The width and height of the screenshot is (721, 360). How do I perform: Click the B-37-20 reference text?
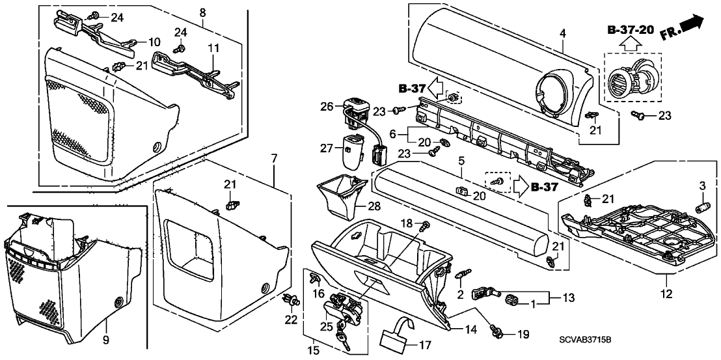click(631, 30)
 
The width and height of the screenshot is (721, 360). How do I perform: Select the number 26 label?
click(327, 106)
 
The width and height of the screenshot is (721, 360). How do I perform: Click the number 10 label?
click(154, 42)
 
